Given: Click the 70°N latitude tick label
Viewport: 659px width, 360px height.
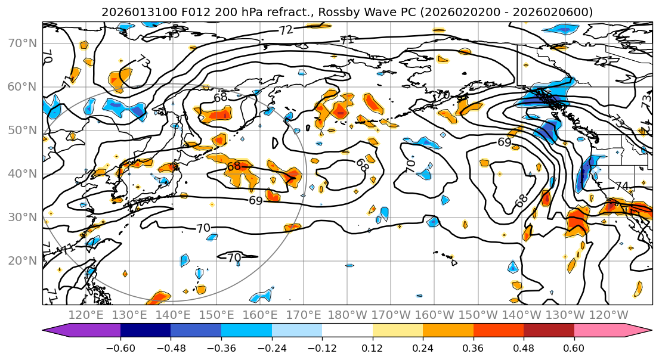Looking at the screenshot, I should pyautogui.click(x=21, y=43).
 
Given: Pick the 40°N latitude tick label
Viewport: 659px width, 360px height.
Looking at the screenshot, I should pyautogui.click(x=21, y=173).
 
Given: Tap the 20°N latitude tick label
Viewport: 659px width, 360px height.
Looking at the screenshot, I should pyautogui.click(x=21, y=260).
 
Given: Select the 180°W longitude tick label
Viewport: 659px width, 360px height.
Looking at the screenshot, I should pyautogui.click(x=346, y=315).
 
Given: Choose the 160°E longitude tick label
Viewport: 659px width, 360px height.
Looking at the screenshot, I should pyautogui.click(x=259, y=315).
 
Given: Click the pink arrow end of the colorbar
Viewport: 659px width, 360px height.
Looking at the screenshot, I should pyautogui.click(x=642, y=331).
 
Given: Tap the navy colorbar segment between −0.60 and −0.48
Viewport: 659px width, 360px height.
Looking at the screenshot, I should pyautogui.click(x=146, y=331).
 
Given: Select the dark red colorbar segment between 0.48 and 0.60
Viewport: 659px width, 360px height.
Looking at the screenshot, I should pyautogui.click(x=549, y=331).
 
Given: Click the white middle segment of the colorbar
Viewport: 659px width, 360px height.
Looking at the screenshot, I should pyautogui.click(x=347, y=331).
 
